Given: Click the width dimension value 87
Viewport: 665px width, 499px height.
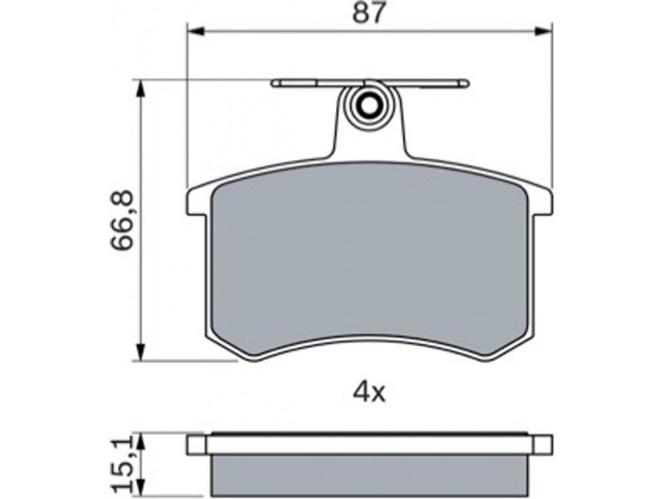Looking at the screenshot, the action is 370,12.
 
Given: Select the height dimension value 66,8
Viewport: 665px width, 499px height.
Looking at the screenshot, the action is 122,220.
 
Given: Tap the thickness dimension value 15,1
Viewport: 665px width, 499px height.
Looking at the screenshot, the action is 122,465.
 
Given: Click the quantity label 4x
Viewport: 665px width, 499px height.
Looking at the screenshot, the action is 369,393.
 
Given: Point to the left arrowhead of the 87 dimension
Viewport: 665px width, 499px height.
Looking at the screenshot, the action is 196,32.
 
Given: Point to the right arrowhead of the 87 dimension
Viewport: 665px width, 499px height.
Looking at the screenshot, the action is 544,32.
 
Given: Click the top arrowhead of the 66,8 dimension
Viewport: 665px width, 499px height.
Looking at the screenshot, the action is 140,89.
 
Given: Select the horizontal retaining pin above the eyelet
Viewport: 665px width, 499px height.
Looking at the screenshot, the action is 370,83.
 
